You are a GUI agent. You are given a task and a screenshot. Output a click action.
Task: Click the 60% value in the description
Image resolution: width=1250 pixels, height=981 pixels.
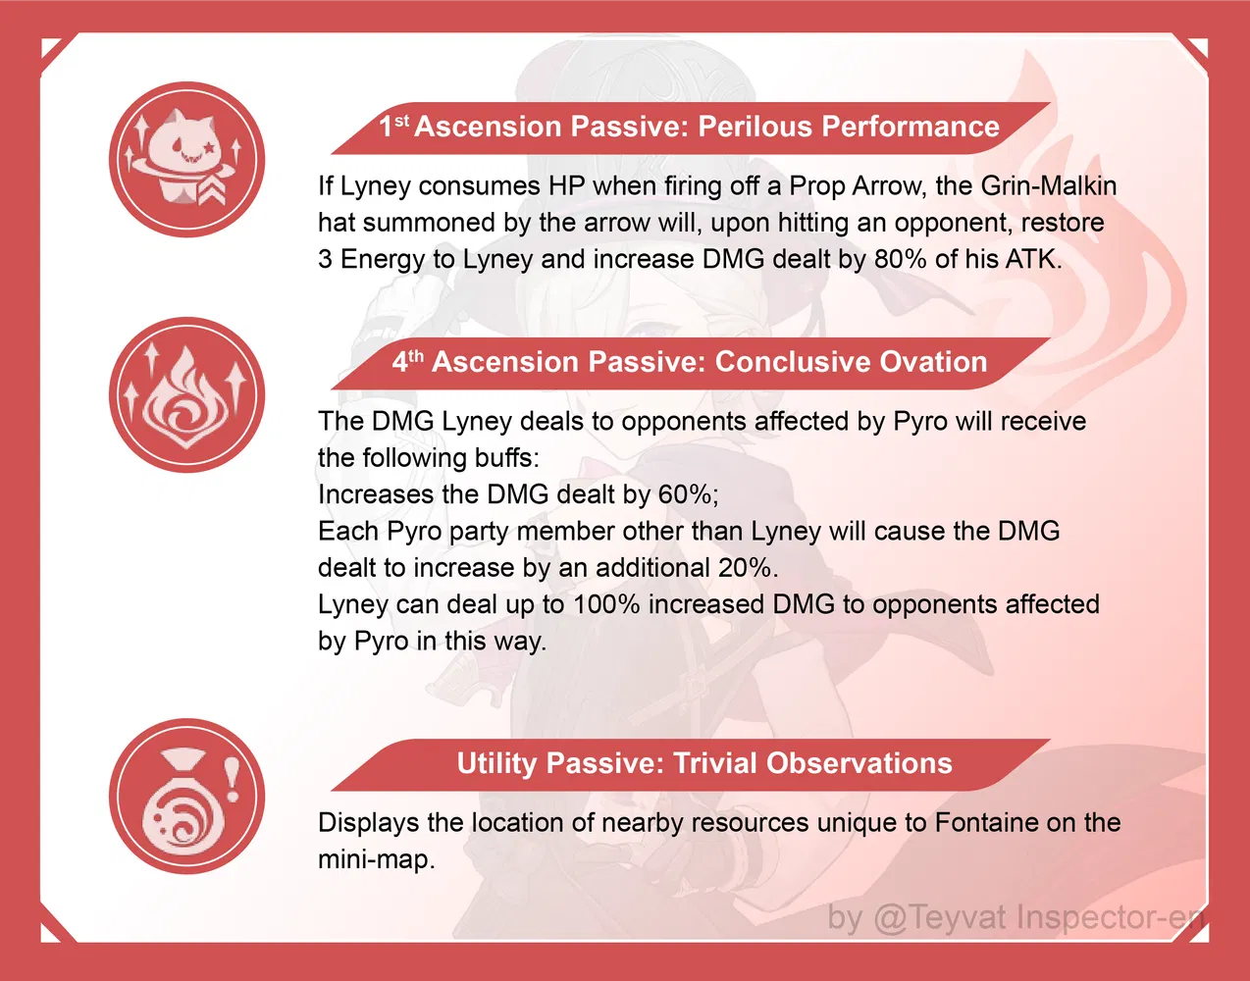[685, 493]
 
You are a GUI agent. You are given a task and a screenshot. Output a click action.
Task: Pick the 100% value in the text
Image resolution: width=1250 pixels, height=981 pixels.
[606, 603]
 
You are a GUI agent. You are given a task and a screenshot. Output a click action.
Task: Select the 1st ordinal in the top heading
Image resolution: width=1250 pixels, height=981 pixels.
[394, 126]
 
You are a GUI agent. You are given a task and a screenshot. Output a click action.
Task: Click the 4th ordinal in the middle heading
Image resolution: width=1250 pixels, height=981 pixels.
[408, 361]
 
